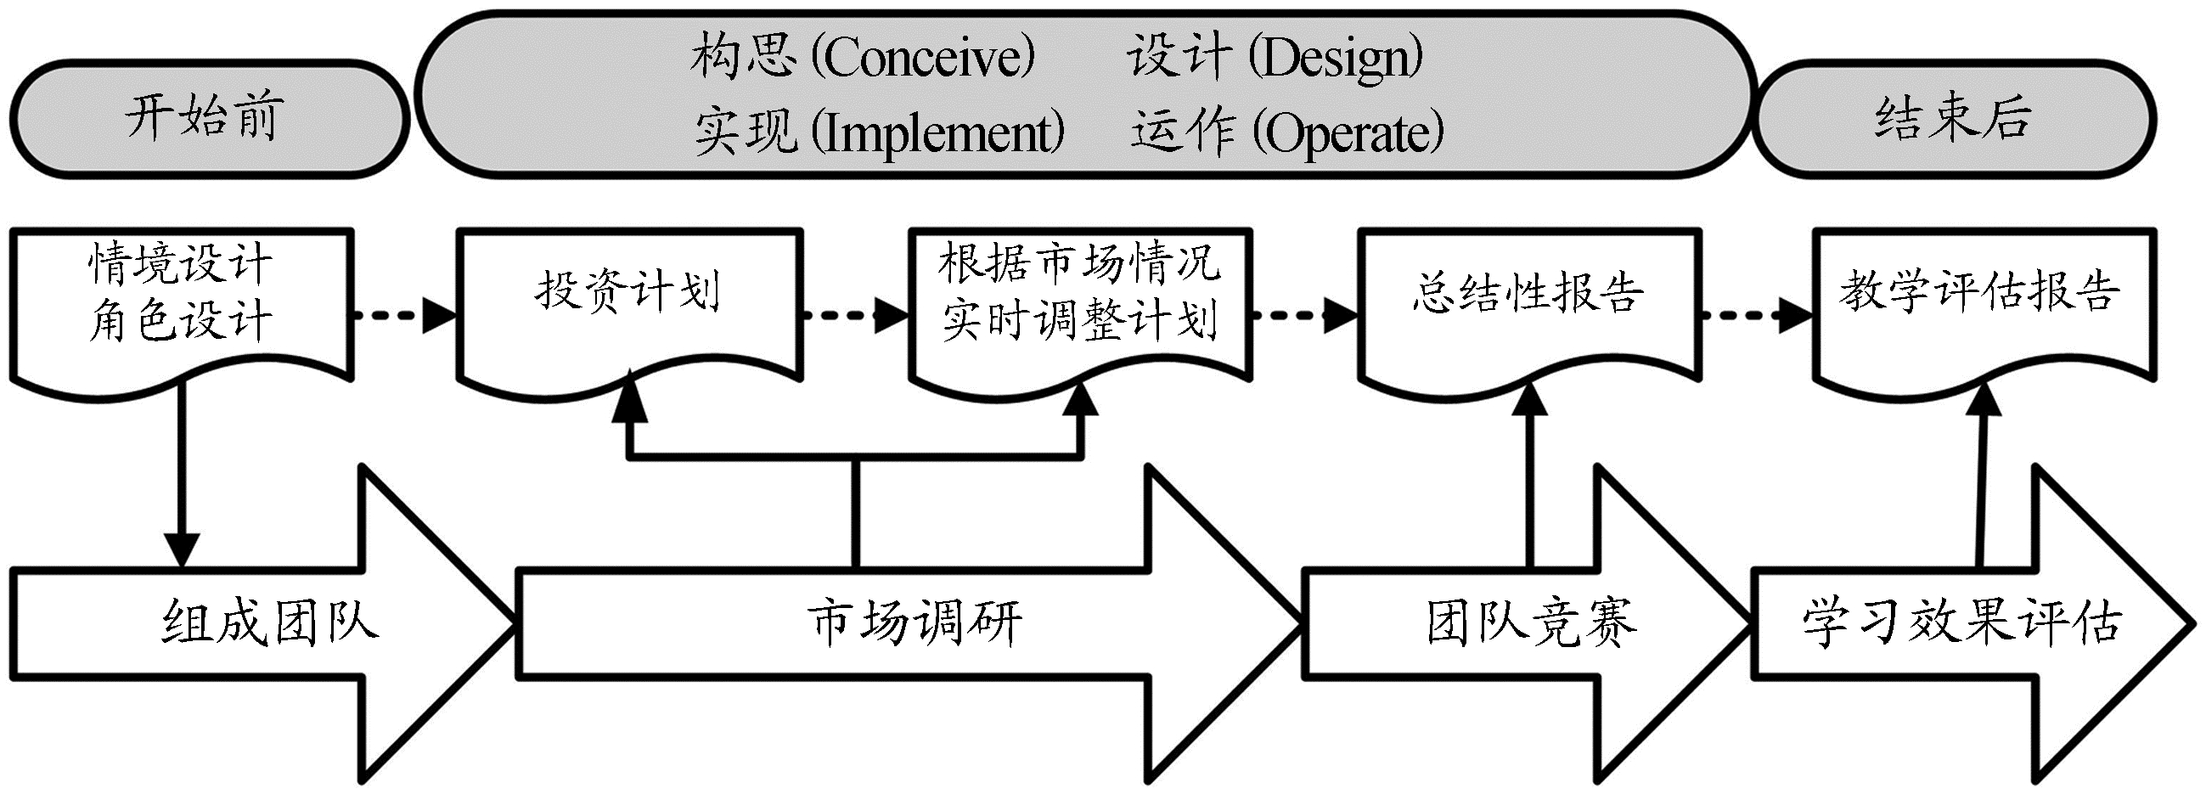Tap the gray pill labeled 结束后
(x=1952, y=118)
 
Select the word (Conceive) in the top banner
(x=923, y=59)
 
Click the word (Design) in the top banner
(x=1336, y=59)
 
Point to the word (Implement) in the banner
(x=937, y=133)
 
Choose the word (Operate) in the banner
(x=1348, y=133)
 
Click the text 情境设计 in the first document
(x=180, y=264)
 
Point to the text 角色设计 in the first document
(x=180, y=321)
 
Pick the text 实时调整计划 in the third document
(x=1080, y=321)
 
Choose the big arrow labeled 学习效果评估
(x=1961, y=622)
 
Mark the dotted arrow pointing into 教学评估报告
(x=1756, y=315)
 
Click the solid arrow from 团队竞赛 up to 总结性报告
(x=1530, y=480)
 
